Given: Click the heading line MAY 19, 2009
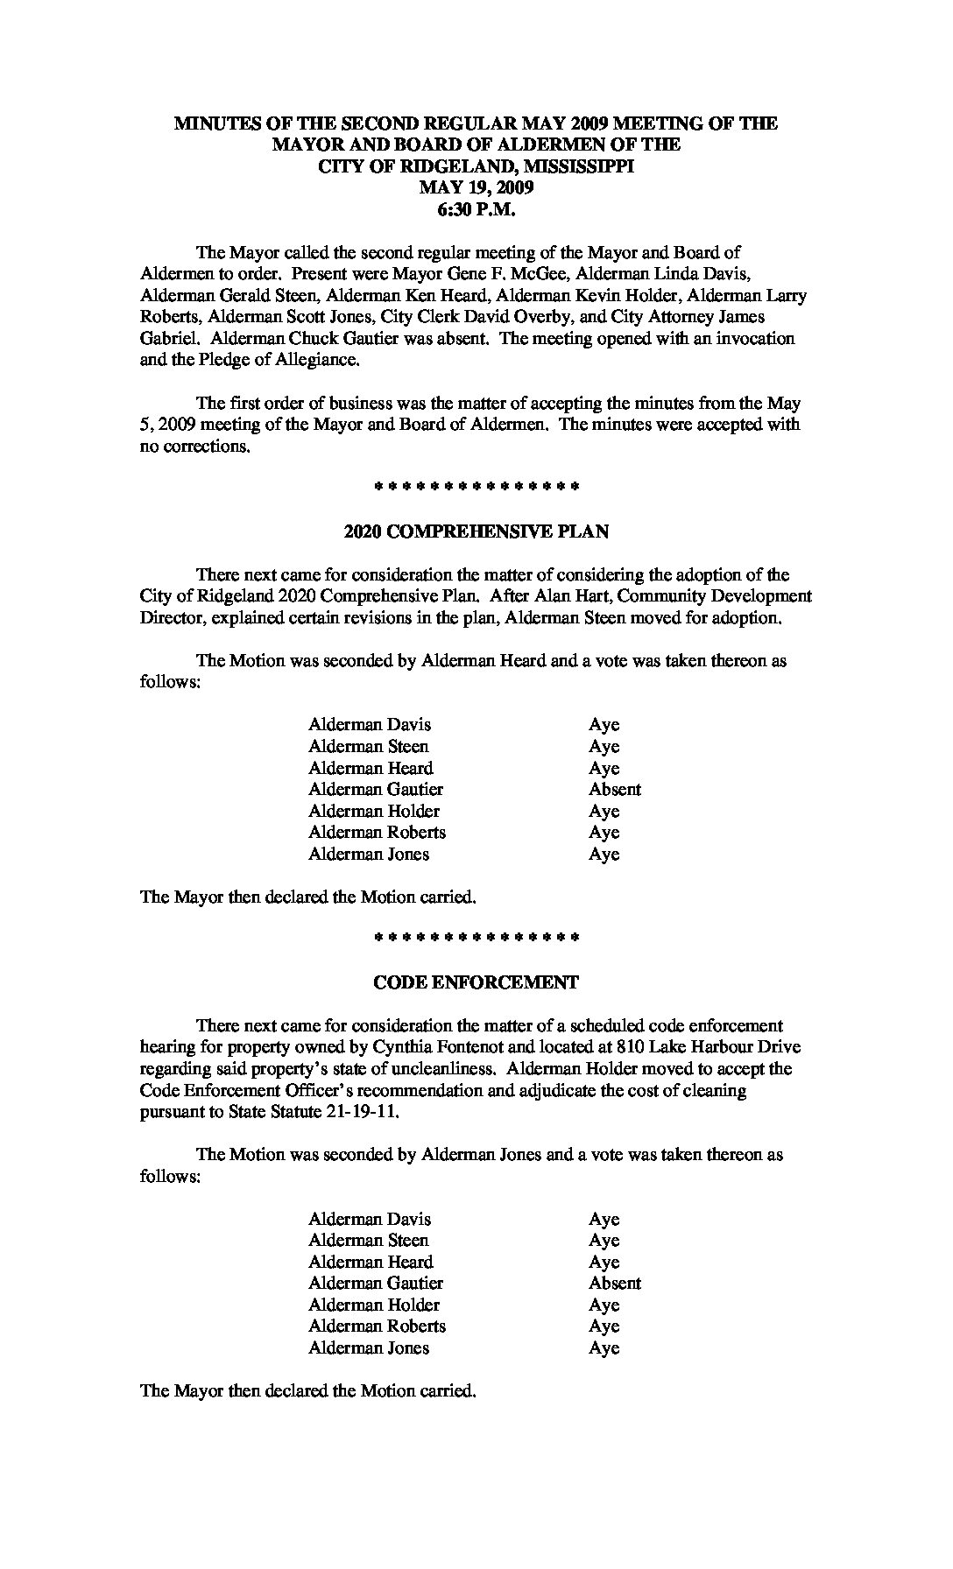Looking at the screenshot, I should click(x=476, y=187).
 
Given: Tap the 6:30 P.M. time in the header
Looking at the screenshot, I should click(x=476, y=209).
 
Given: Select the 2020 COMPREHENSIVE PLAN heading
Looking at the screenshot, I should click(x=476, y=531).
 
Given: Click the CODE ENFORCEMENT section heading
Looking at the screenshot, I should click(x=476, y=982).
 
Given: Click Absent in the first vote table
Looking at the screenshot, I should click(x=615, y=790).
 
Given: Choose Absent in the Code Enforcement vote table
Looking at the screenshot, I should click(x=615, y=1284).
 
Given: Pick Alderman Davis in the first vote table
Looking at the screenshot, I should click(x=370, y=725).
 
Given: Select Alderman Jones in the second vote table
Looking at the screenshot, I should click(x=369, y=1348).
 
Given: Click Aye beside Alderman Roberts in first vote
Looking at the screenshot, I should click(x=604, y=833).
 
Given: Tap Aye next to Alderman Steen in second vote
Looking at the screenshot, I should click(x=604, y=1241).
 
